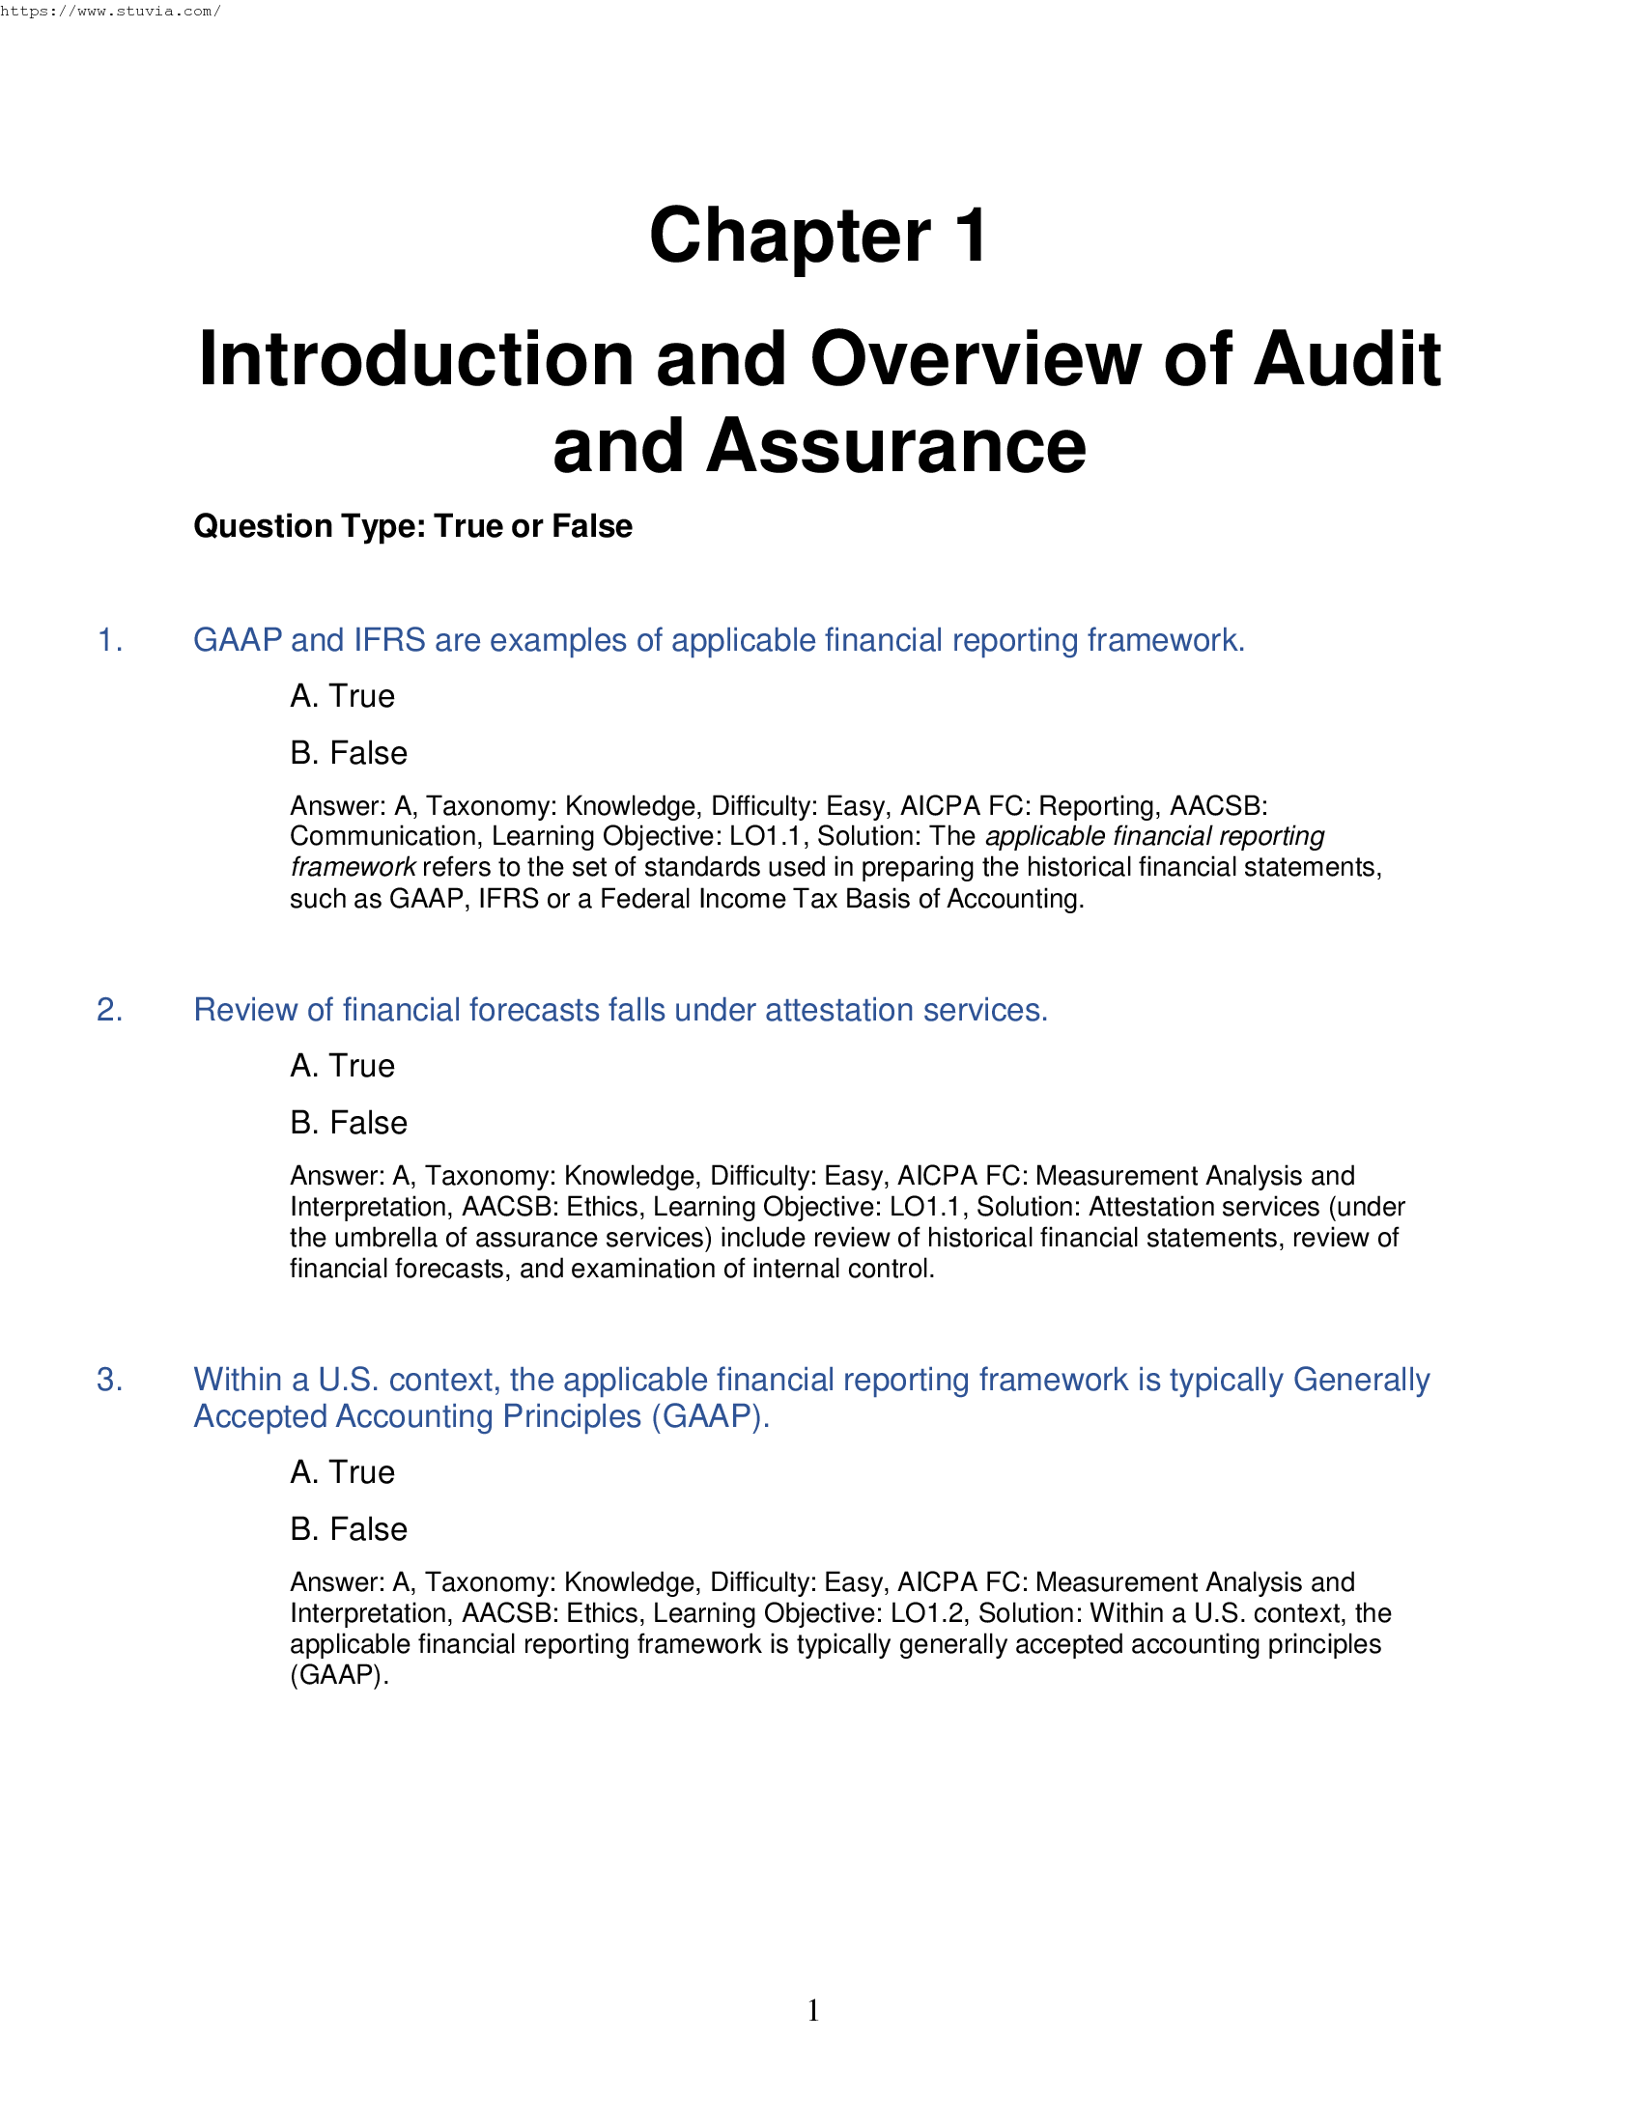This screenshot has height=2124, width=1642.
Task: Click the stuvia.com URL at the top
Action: pyautogui.click(x=110, y=12)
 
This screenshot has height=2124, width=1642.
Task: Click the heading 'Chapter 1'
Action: pyautogui.click(x=819, y=237)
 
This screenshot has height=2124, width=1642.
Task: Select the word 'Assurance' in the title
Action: pyautogui.click(x=896, y=446)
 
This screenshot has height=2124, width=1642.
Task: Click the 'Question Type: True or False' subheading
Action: pyautogui.click(x=412, y=526)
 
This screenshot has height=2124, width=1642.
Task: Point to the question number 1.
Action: pyautogui.click(x=110, y=641)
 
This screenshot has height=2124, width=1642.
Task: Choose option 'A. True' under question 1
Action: pyautogui.click(x=343, y=696)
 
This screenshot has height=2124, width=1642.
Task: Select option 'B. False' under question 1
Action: pyautogui.click(x=349, y=753)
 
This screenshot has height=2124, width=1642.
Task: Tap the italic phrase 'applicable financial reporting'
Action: pyautogui.click(x=1154, y=836)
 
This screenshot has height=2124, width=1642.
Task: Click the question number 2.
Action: pyautogui.click(x=110, y=1011)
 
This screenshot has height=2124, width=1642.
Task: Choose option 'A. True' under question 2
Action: pyautogui.click(x=343, y=1066)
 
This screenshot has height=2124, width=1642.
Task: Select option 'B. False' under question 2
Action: pyautogui.click(x=349, y=1122)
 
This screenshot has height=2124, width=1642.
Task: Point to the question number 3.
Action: pyautogui.click(x=110, y=1380)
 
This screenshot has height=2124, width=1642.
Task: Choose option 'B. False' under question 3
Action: pyautogui.click(x=349, y=1529)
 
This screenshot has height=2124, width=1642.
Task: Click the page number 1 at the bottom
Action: pyautogui.click(x=813, y=2010)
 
